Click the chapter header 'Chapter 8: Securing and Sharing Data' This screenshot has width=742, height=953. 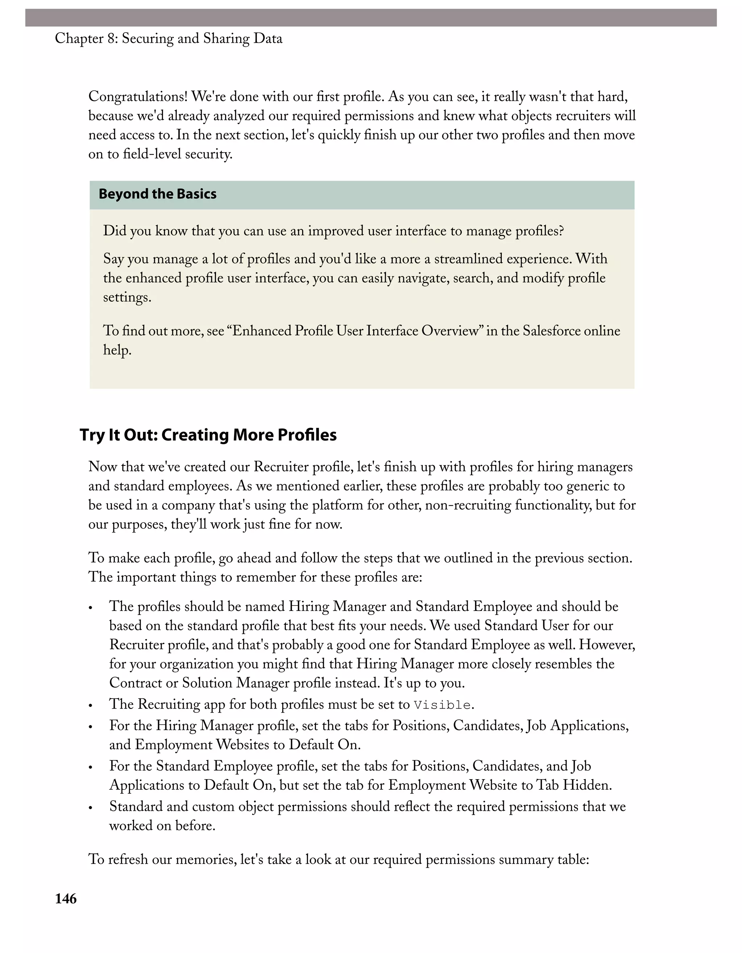[x=168, y=39]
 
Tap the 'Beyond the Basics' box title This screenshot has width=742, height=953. [x=157, y=194]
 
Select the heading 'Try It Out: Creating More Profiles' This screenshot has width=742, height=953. [x=208, y=435]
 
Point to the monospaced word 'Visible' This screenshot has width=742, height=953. [x=442, y=705]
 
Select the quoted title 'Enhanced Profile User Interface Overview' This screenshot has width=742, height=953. [x=355, y=331]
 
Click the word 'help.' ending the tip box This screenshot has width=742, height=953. [x=117, y=350]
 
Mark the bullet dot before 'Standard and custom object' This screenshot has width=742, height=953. [x=91, y=808]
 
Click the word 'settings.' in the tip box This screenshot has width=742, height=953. [x=127, y=298]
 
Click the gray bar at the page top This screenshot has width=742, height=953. [x=370, y=18]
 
